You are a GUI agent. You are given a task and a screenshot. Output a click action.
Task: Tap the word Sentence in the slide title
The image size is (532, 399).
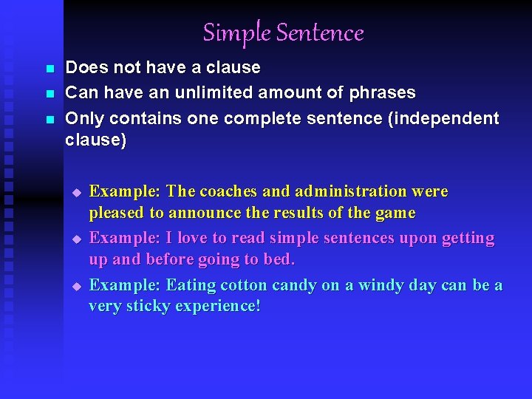320,33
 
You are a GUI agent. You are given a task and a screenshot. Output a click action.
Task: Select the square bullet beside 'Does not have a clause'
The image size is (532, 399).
50,69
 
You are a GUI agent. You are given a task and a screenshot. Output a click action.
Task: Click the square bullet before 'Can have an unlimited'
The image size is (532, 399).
50,94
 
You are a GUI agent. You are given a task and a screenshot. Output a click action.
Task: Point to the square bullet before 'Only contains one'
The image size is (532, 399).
50,119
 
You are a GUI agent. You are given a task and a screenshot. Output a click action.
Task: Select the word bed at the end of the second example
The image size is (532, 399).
281,260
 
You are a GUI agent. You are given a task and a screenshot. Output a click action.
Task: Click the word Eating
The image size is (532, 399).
188,284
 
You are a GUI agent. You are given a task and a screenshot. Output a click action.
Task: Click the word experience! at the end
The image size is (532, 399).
219,307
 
